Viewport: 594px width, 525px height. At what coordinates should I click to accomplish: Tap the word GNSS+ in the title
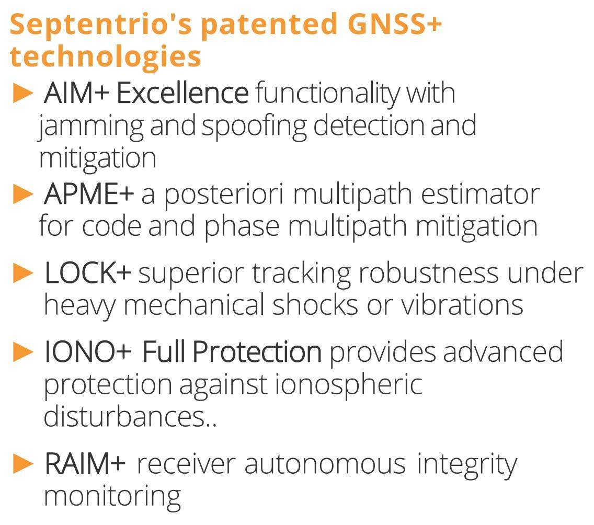tap(394, 24)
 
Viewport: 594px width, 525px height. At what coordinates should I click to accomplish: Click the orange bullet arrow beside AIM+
tap(23, 93)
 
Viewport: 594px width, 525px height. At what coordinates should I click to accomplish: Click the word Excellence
tap(182, 93)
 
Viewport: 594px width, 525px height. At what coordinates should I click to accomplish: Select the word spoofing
tap(254, 127)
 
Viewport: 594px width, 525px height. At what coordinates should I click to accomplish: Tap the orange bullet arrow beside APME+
tap(23, 195)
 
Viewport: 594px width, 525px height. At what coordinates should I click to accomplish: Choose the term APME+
tap(89, 194)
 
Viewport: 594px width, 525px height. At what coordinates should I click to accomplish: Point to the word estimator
tap(481, 195)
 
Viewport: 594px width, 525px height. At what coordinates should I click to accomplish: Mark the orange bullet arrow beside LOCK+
tap(23, 273)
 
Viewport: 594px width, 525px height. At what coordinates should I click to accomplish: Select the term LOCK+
tap(88, 273)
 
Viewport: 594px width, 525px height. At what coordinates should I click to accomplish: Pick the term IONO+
tap(87, 352)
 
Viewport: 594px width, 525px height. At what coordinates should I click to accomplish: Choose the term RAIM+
tap(85, 464)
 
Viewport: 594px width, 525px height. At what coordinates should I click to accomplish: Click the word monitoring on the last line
tap(112, 497)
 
